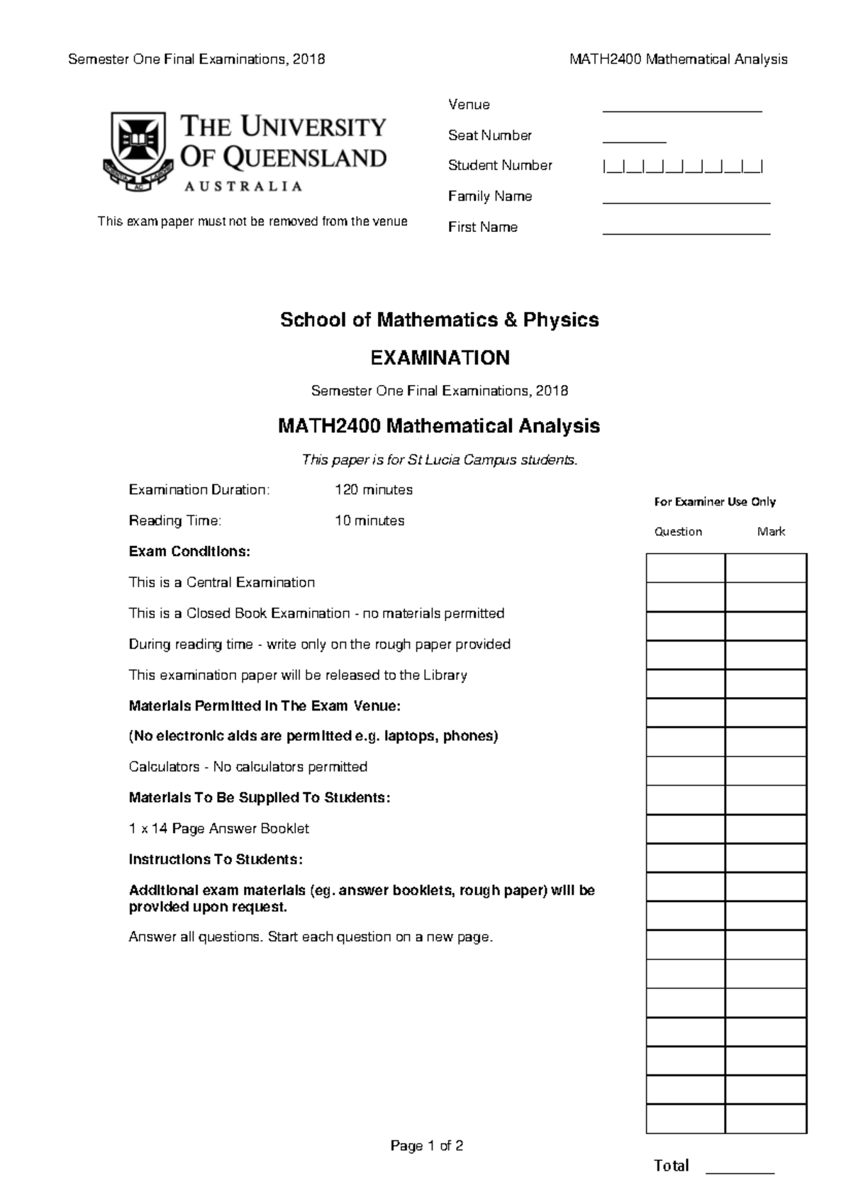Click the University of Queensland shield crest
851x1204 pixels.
click(x=138, y=150)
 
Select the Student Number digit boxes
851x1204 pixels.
click(x=682, y=167)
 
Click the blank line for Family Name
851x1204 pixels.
click(x=686, y=201)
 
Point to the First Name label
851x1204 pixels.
click(x=482, y=227)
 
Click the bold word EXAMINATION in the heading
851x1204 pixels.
click(x=440, y=357)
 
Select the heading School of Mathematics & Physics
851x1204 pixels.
click(x=439, y=320)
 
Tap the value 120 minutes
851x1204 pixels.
click(x=373, y=490)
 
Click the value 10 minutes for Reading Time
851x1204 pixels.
click(x=369, y=520)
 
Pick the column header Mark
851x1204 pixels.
click(x=771, y=531)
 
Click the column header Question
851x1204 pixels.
click(x=678, y=531)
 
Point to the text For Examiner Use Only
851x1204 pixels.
click(x=714, y=501)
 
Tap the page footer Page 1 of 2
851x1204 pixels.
click(x=426, y=1146)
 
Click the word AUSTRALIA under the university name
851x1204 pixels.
click(x=243, y=186)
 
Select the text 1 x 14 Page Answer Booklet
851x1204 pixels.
click(x=218, y=828)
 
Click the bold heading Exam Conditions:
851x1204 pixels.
click(x=189, y=551)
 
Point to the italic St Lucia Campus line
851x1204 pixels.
click(x=440, y=459)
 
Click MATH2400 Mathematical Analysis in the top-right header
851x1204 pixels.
click(x=678, y=60)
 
